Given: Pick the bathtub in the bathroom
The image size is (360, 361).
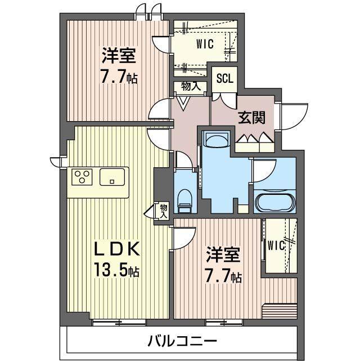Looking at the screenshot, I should (274, 202).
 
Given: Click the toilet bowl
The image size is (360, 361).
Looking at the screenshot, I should (184, 198).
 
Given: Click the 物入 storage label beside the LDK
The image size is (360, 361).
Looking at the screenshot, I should (163, 210).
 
